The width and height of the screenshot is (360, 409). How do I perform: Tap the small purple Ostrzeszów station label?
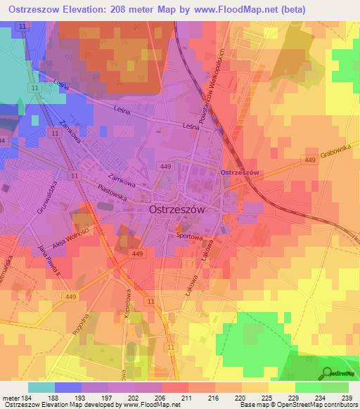point(240,172)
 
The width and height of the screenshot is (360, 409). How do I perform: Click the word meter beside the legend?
point(11,397)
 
